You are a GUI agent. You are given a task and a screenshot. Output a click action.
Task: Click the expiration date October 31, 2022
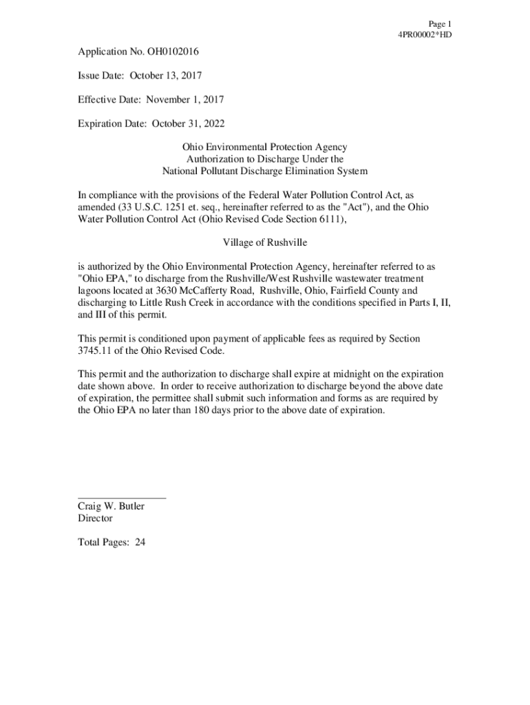[178, 124]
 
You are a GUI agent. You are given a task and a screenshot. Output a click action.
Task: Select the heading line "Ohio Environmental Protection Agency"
[264, 147]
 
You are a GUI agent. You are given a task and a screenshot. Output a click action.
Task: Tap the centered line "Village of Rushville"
[264, 242]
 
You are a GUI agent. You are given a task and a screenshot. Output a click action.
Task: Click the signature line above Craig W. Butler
[121, 496]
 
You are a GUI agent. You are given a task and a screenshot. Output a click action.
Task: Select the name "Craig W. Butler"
[111, 506]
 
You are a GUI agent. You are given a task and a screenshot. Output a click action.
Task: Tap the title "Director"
[95, 518]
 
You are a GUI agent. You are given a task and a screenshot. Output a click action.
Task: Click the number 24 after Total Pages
[140, 542]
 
